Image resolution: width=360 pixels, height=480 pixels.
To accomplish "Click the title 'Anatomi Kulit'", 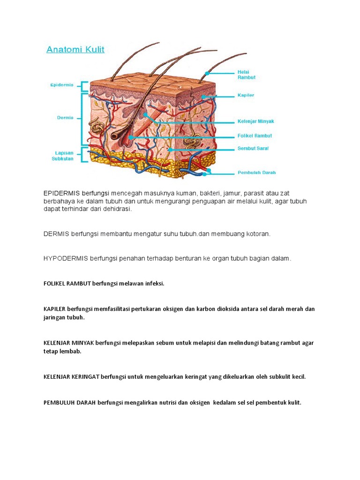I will pyautogui.click(x=75, y=49).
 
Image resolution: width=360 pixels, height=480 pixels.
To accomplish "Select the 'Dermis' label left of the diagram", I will pyautogui.click(x=65, y=118).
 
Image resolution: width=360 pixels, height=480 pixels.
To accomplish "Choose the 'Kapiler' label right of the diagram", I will pyautogui.click(x=246, y=95).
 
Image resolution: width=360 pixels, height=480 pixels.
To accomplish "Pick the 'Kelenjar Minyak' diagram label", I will pyautogui.click(x=255, y=121).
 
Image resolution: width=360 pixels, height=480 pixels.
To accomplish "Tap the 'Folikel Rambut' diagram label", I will pyautogui.click(x=254, y=136).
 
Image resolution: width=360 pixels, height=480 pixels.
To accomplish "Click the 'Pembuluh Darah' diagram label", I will pyautogui.click(x=256, y=172).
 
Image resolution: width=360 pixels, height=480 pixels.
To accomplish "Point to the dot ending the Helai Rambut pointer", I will pyautogui.click(x=207, y=74).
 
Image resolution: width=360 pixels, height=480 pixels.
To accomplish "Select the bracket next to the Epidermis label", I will pyautogui.click(x=84, y=86).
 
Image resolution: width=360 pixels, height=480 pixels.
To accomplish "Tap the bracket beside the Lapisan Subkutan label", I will pyautogui.click(x=84, y=155).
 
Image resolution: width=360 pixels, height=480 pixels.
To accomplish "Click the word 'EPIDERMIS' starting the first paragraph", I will pyautogui.click(x=62, y=193).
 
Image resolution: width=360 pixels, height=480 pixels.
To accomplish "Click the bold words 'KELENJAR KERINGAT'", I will pyautogui.click(x=71, y=376).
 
